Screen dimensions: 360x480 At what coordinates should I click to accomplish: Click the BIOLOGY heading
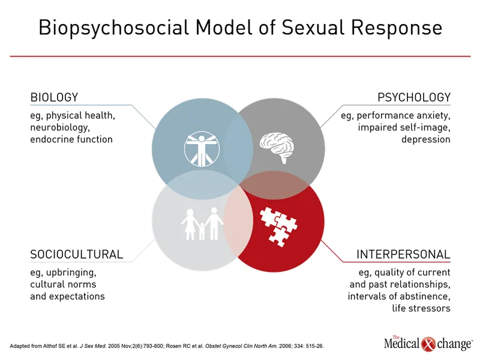click(x=54, y=97)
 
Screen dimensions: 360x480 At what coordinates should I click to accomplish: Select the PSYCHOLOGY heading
click(x=414, y=97)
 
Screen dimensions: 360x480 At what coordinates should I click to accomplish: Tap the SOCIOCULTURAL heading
click(x=76, y=254)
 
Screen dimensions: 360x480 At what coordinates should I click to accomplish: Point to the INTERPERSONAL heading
click(x=403, y=254)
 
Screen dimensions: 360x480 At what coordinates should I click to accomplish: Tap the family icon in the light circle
click(x=202, y=223)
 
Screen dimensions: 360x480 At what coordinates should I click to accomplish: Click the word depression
click(x=426, y=139)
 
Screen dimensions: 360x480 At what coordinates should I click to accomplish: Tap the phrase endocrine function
click(x=71, y=139)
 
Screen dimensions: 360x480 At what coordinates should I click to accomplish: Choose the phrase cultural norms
click(x=63, y=284)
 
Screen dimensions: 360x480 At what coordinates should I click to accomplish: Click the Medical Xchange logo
click(x=428, y=343)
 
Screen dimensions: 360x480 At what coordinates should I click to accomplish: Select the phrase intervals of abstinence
click(x=399, y=296)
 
